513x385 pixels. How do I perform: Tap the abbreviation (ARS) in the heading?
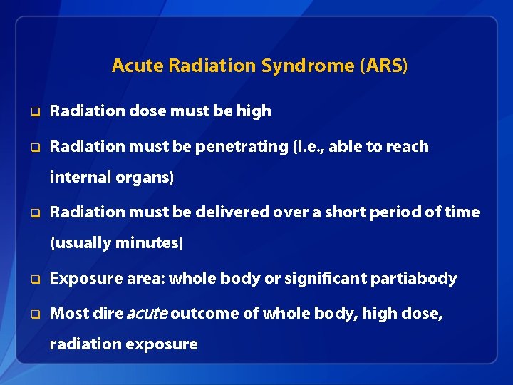384,66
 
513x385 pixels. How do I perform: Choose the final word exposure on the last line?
161,344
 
